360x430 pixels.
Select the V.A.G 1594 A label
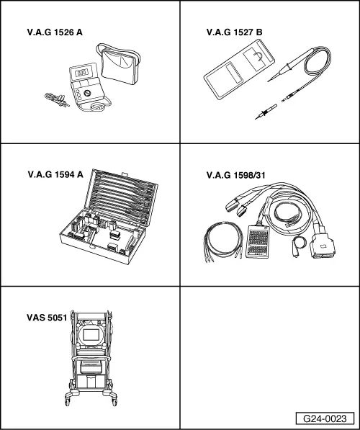pos(55,174)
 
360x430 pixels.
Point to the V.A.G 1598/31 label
pos(236,174)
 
